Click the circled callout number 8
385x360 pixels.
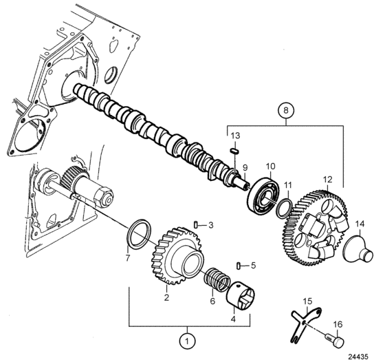click(285, 110)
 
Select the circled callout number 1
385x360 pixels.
click(187, 341)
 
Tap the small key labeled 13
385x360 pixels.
click(234, 151)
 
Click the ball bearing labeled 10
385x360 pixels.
click(263, 195)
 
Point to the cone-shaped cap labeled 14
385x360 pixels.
click(359, 248)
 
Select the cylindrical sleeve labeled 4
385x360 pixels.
click(241, 294)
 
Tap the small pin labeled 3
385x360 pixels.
click(196, 224)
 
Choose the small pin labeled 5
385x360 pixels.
click(238, 266)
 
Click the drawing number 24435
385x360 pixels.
click(357, 357)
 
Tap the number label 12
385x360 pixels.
click(327, 180)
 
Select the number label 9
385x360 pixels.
click(245, 168)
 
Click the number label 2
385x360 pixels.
click(166, 297)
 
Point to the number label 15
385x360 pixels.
click(307, 301)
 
